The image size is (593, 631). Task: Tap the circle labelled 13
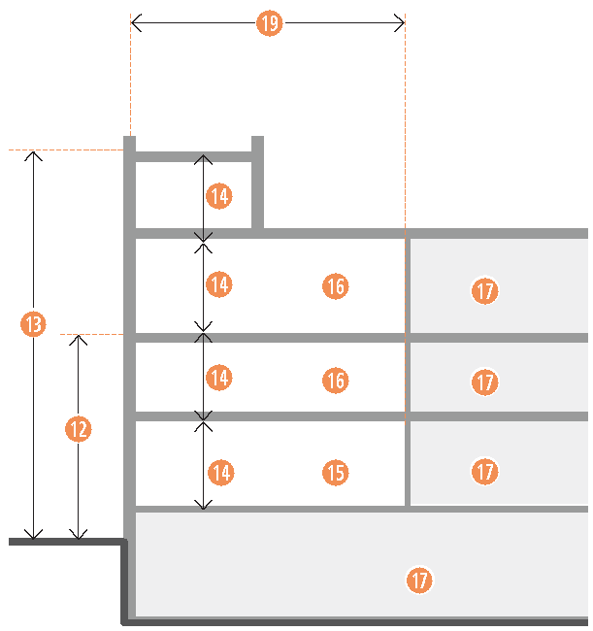(34, 325)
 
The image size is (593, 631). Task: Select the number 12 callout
(80, 428)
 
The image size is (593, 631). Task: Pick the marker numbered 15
(335, 473)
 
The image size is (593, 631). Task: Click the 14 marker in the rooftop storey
(219, 196)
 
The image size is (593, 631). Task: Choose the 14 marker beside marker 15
(221, 473)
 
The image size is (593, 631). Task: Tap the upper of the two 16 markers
(335, 286)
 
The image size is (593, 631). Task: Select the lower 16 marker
(335, 381)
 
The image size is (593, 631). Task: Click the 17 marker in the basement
(419, 581)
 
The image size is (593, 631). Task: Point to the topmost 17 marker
(485, 289)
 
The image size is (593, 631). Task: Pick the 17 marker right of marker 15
(485, 473)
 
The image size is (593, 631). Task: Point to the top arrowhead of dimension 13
(34, 153)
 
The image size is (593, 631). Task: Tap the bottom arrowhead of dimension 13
(34, 537)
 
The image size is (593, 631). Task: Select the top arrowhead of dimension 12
(80, 337)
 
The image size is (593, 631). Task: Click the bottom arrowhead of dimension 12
(80, 537)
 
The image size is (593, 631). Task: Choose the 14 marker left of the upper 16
(219, 284)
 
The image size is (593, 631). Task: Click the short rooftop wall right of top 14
(257, 184)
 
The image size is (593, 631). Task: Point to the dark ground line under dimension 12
(66, 542)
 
